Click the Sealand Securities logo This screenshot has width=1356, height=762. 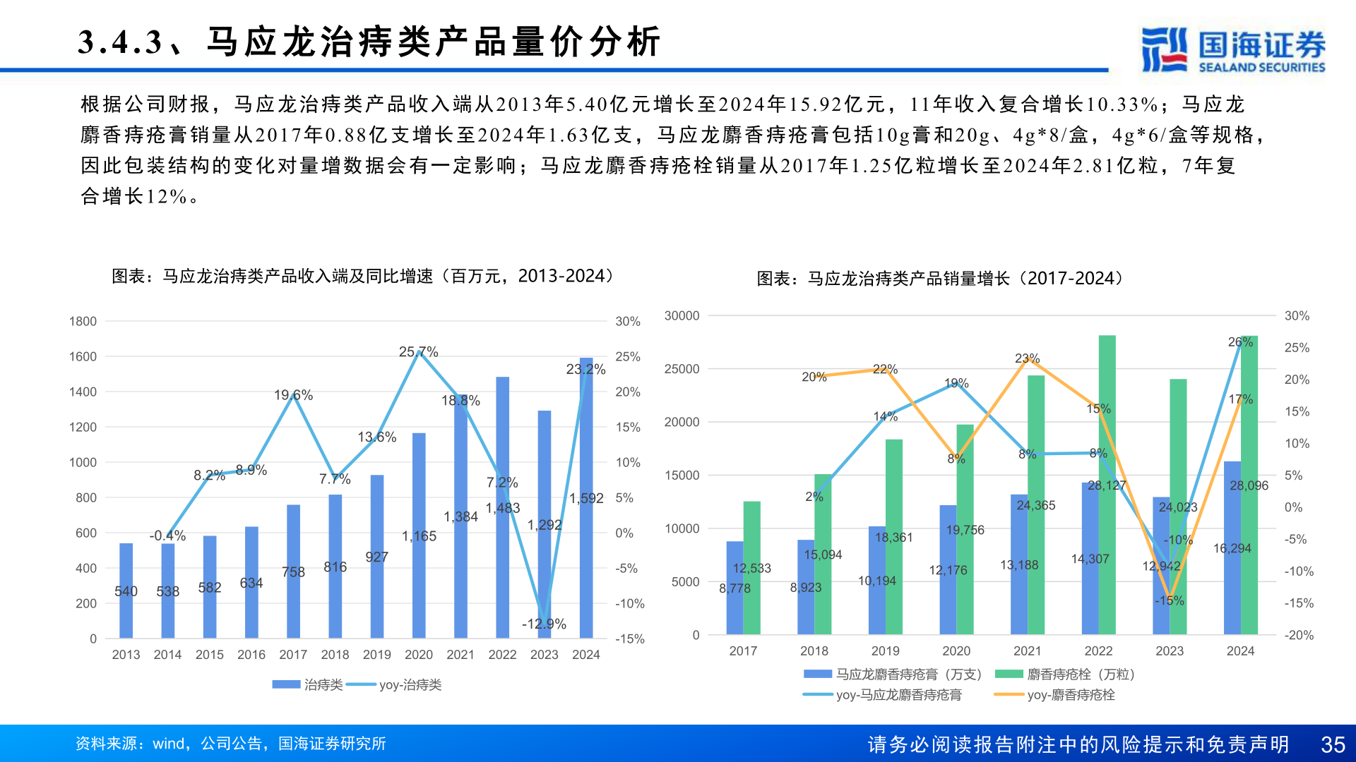click(x=1232, y=49)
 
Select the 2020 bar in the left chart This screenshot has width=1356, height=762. click(x=419, y=536)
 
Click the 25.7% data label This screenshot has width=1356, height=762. click(x=418, y=351)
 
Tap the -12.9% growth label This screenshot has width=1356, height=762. click(x=544, y=624)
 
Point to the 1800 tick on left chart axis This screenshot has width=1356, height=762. click(x=83, y=322)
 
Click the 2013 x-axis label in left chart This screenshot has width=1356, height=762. click(x=126, y=655)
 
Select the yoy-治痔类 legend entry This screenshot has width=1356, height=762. click(x=395, y=685)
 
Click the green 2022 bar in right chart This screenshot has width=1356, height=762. click(x=1107, y=487)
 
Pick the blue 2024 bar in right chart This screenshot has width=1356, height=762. click(x=1232, y=550)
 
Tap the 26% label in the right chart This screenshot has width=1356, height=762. click(x=1240, y=342)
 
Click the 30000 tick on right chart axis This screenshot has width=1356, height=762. click(x=682, y=316)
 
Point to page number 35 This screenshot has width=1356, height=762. click(x=1333, y=744)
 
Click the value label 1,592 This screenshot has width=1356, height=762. click(x=586, y=499)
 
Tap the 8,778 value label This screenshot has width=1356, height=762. click(x=734, y=588)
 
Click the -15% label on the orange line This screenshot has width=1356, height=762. click(x=1170, y=600)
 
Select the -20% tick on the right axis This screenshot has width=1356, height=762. click(x=1299, y=635)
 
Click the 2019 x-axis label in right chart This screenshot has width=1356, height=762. click(x=885, y=651)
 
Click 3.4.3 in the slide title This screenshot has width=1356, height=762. click(x=120, y=42)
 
